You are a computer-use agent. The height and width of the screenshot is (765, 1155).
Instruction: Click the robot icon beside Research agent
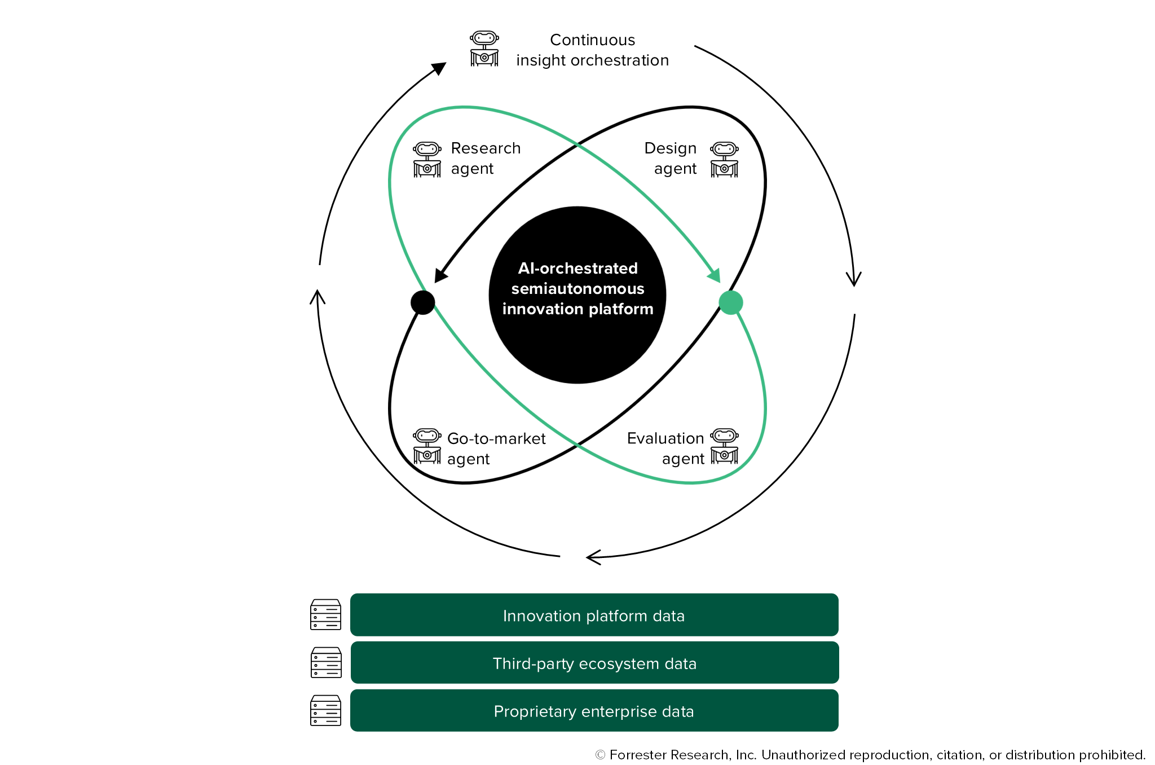(x=427, y=160)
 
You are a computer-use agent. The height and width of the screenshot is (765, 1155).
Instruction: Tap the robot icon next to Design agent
(x=724, y=160)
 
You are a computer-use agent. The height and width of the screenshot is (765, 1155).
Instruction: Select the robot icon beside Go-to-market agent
(x=427, y=446)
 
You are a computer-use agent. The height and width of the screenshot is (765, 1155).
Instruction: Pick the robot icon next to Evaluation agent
(x=724, y=446)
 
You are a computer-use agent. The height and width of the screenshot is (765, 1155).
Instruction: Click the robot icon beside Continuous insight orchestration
(x=484, y=49)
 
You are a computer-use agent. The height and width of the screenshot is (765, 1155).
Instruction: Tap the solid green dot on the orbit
(x=731, y=302)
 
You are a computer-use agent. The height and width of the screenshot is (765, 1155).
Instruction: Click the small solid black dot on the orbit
(x=423, y=302)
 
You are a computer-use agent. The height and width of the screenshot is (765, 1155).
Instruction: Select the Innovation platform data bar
(x=594, y=615)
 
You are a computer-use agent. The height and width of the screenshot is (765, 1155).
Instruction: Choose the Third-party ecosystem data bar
(x=594, y=663)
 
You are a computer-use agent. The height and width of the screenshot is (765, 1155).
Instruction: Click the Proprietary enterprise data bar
(x=594, y=711)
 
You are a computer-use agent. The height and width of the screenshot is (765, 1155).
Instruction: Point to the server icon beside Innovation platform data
(x=326, y=614)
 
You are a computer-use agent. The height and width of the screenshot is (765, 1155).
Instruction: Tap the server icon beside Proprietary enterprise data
(x=326, y=710)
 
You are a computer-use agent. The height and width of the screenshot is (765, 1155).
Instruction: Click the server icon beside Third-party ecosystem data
(x=326, y=662)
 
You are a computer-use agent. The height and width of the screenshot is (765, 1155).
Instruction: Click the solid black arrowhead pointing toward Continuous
(x=439, y=68)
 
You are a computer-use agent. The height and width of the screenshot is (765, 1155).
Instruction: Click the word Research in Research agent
(x=486, y=148)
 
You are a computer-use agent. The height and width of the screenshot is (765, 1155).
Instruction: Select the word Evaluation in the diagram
(x=665, y=438)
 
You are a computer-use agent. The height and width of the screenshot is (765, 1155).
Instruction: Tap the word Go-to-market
(x=496, y=439)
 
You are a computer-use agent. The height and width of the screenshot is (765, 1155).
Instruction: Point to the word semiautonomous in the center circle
(x=577, y=289)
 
